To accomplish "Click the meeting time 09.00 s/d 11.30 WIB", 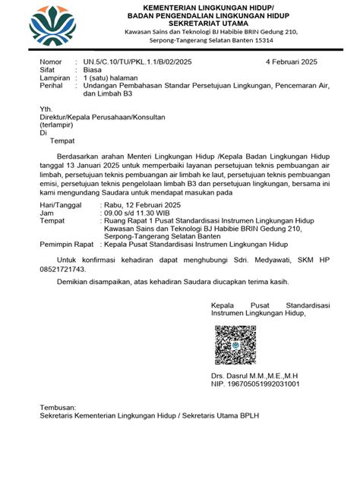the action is [x=124, y=214].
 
